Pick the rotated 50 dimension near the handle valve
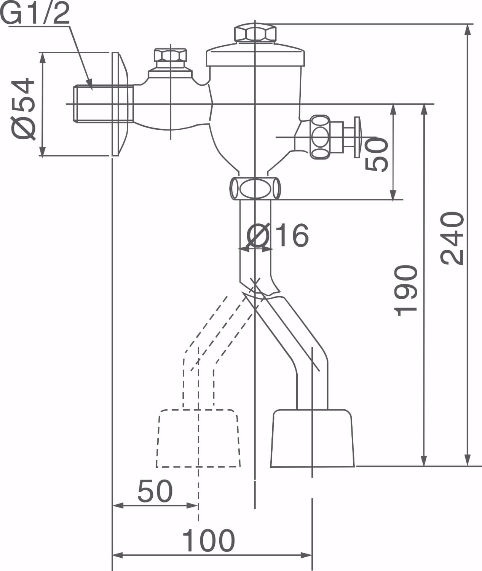377,154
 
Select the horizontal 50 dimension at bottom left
155,491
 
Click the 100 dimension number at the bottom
208,541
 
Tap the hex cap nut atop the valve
255,33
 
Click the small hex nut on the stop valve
170,55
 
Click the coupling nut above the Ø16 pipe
255,188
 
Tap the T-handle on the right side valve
357,137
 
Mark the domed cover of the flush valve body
255,55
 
